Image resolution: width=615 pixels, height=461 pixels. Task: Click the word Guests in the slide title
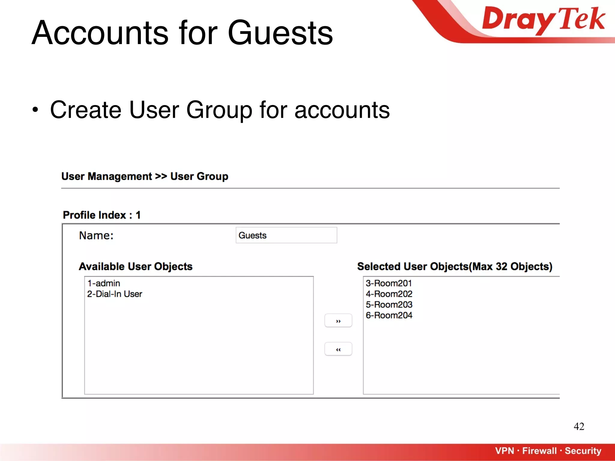[280, 33]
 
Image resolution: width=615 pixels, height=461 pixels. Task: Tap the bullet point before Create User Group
[35, 110]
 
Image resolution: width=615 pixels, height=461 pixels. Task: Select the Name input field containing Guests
[286, 235]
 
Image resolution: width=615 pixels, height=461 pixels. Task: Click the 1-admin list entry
[104, 283]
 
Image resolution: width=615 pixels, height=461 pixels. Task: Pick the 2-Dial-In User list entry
[114, 294]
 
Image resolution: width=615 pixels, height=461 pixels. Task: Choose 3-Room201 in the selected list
[389, 283]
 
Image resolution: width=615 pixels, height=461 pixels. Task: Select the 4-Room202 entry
[389, 294]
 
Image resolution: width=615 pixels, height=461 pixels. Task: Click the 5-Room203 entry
[389, 305]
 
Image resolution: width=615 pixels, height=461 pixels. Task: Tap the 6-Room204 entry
[389, 315]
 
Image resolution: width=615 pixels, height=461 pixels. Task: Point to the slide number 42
[579, 426]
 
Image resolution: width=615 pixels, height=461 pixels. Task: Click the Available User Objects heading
[135, 267]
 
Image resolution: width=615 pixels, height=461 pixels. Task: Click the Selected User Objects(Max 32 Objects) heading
[455, 267]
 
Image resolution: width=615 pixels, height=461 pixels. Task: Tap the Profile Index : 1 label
[101, 215]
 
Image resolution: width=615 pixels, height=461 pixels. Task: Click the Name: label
[96, 236]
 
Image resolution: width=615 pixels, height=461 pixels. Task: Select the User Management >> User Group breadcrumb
[145, 176]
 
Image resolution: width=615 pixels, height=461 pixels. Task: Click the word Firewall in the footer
[539, 451]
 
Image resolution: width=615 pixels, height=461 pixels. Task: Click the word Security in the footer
[583, 451]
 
